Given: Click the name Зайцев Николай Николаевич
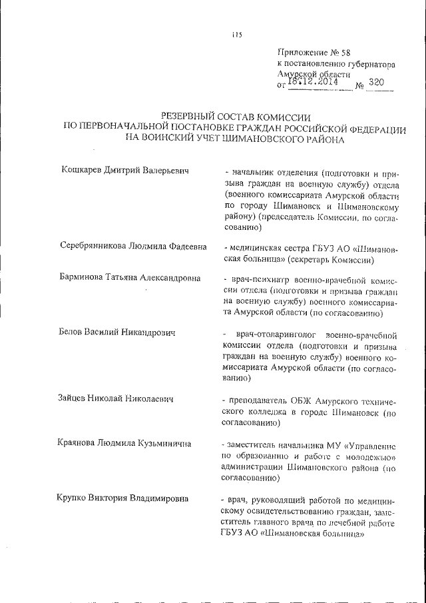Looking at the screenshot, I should (116, 399).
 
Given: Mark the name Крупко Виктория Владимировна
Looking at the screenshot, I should (123, 498).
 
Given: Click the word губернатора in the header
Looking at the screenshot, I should (371, 64).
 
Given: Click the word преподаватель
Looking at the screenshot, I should (256, 399).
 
